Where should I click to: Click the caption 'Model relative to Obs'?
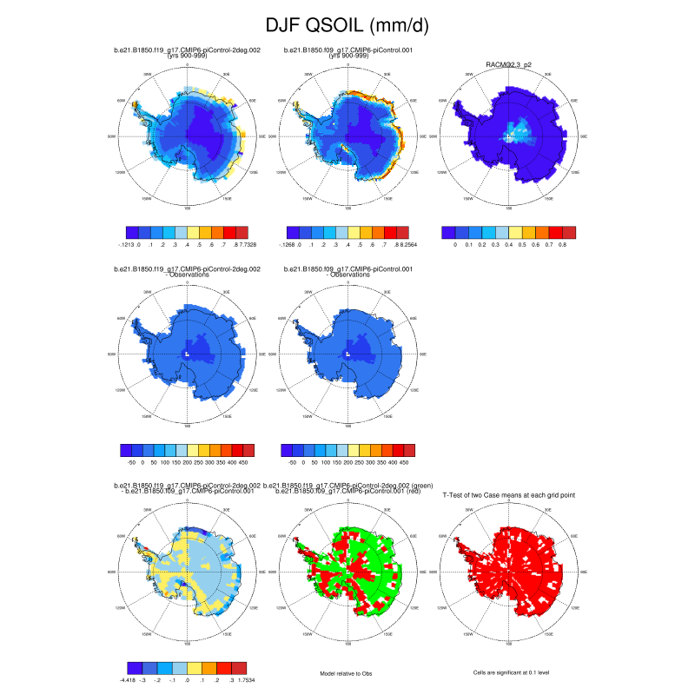coord(347,672)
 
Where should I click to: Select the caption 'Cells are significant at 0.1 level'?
coord(509,672)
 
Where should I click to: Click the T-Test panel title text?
coord(509,494)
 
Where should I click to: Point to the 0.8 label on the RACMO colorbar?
coord(562,246)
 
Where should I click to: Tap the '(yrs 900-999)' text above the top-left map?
coord(187,56)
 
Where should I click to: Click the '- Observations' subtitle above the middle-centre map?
coord(347,275)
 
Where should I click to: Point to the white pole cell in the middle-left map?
coord(187,354)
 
